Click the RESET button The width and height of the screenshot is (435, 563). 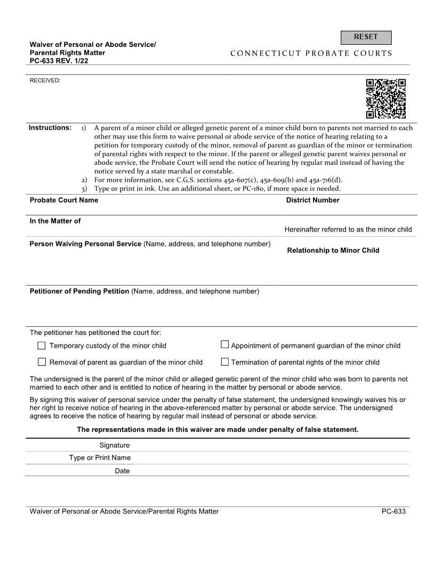[x=366, y=37]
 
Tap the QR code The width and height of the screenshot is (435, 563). [x=386, y=99]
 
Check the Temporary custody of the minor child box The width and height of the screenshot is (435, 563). [x=42, y=345]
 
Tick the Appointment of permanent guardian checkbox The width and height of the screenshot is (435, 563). [x=225, y=345]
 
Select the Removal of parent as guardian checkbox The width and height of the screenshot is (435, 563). [x=42, y=362]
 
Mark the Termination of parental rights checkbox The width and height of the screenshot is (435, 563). [x=225, y=362]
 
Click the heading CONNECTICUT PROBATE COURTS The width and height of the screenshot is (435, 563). [x=311, y=53]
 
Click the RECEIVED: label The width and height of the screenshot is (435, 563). [x=45, y=81]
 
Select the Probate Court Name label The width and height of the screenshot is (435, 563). [x=64, y=200]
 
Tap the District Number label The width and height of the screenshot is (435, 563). [x=312, y=200]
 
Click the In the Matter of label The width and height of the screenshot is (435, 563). [x=55, y=221]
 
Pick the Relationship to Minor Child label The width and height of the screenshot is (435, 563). [x=333, y=250]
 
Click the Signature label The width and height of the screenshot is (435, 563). [x=115, y=445]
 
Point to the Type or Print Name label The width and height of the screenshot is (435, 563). [x=100, y=457]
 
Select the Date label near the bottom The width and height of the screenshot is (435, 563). [x=122, y=471]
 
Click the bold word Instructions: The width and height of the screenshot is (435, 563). [x=50, y=128]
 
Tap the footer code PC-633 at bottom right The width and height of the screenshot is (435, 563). [x=393, y=511]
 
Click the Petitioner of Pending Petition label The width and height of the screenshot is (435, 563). [x=79, y=291]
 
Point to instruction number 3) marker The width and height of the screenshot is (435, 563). [x=84, y=189]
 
